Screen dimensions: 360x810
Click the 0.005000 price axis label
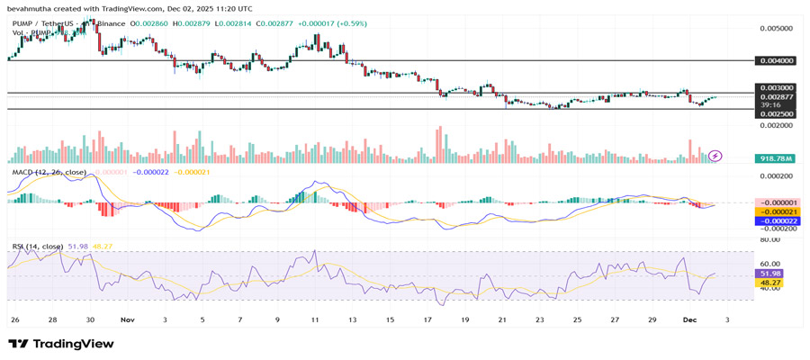pos(776,28)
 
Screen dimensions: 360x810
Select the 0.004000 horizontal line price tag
pos(776,61)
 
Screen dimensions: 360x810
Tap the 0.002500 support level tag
pos(776,114)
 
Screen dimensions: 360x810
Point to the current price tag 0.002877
pos(776,96)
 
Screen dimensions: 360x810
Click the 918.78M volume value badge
pos(775,157)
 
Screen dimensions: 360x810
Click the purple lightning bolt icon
pos(715,156)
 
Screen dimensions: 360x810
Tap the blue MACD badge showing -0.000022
pos(775,220)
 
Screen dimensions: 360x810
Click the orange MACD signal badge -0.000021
pos(775,211)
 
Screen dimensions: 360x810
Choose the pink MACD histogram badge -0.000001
pos(775,202)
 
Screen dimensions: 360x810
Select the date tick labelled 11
pos(316,319)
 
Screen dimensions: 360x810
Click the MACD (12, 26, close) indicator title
pos(49,171)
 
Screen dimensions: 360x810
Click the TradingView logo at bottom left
pos(61,344)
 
